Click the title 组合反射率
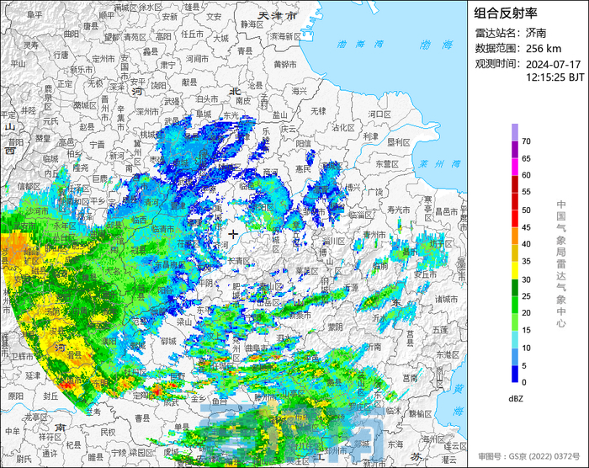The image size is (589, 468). click(x=505, y=13)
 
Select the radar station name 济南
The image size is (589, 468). click(x=536, y=34)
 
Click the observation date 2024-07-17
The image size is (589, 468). click(x=554, y=64)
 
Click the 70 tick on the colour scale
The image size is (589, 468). click(x=525, y=141)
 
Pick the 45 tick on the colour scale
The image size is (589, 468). click(x=525, y=226)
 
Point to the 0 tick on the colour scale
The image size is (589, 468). click(x=523, y=382)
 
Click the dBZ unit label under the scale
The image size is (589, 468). click(x=517, y=397)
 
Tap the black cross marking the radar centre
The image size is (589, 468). click(x=233, y=233)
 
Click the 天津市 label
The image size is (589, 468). click(x=278, y=16)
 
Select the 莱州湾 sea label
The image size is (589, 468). click(x=435, y=164)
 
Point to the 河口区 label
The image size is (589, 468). click(x=380, y=113)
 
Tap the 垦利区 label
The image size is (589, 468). click(x=397, y=141)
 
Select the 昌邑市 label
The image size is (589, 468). click(x=446, y=210)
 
